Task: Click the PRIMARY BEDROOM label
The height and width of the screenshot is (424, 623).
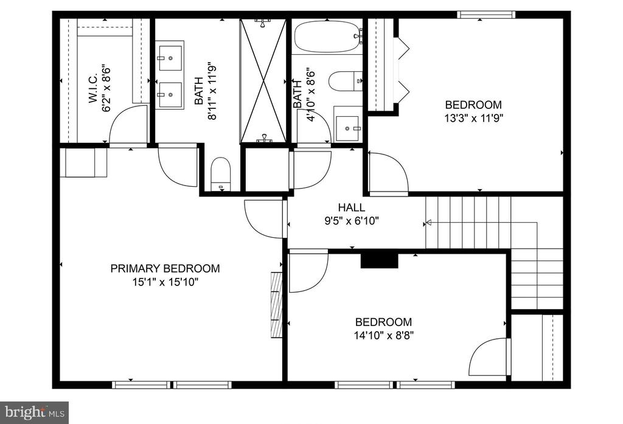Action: tap(165, 269)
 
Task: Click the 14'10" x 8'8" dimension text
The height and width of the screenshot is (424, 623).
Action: tap(384, 336)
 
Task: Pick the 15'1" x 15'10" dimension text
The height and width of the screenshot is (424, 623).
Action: tap(165, 282)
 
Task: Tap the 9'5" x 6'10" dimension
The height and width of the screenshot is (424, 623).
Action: tap(352, 221)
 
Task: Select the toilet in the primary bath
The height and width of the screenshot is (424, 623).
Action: tap(220, 174)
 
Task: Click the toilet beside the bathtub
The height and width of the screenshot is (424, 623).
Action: tap(346, 81)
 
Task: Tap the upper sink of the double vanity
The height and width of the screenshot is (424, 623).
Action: tap(170, 58)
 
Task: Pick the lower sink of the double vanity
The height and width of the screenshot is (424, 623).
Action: tap(170, 94)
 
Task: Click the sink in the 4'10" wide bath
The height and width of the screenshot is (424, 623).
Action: tap(347, 128)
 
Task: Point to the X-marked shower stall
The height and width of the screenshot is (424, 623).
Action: tap(263, 81)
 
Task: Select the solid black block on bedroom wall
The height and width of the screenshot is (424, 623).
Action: tap(379, 260)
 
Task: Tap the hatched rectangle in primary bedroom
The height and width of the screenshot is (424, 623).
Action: tap(276, 305)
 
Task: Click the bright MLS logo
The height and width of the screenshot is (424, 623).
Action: tap(34, 412)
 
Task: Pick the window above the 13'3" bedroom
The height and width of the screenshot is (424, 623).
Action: tap(486, 15)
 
